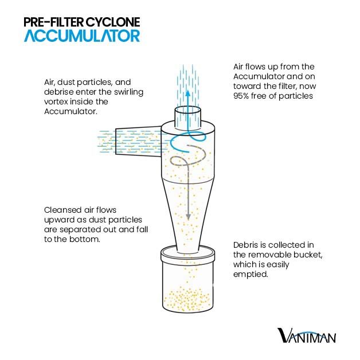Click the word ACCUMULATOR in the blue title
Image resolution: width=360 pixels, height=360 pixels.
(82, 36)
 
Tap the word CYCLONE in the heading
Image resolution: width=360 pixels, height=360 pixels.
(113, 22)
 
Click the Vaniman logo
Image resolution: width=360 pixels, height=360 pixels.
(307, 335)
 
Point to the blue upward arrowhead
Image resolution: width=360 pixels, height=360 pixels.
(188, 93)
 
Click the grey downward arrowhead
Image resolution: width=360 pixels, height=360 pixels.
(188, 217)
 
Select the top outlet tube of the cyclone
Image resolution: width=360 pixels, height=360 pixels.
(188, 116)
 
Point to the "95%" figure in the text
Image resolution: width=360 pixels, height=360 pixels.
(241, 96)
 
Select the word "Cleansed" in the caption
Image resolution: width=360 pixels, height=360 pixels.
(63, 210)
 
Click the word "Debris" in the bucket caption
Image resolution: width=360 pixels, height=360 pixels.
(245, 245)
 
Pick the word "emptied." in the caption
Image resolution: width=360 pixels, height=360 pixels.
(251, 274)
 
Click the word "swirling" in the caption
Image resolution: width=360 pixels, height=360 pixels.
(129, 92)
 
